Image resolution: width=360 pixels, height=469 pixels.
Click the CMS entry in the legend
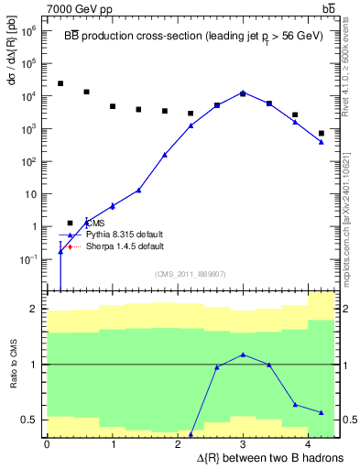coord(96,223)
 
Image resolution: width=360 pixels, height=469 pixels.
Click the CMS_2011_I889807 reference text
coord(190,274)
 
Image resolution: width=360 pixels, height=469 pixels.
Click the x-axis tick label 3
coord(243,443)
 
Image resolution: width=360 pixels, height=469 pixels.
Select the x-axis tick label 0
coord(47,443)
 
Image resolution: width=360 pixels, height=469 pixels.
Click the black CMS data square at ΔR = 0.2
coord(60,83)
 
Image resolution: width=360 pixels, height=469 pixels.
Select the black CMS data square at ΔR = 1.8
coord(165,111)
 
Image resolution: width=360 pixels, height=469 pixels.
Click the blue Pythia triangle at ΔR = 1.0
coord(113,206)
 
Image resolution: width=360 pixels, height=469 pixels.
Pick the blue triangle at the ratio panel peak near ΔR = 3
coord(243,354)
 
